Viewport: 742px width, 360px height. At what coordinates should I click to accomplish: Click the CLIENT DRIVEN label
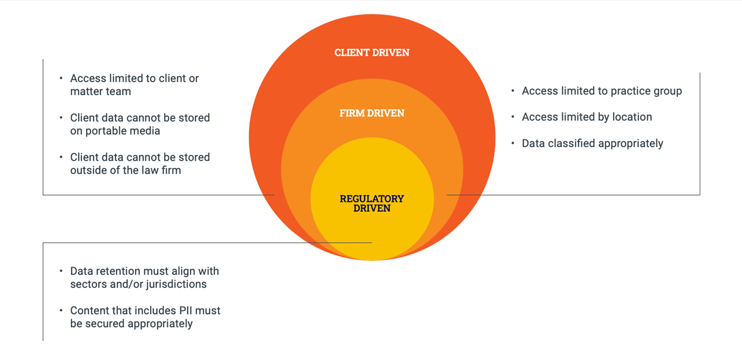point(372,53)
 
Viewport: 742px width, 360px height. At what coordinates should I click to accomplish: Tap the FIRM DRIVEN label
point(372,114)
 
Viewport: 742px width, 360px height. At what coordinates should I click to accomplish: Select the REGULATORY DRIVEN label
point(372,203)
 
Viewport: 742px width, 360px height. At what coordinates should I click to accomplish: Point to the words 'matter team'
point(100,91)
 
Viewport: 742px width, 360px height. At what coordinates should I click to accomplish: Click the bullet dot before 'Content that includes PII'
point(61,310)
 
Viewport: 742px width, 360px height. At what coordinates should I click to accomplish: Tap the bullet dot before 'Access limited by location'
point(513,116)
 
